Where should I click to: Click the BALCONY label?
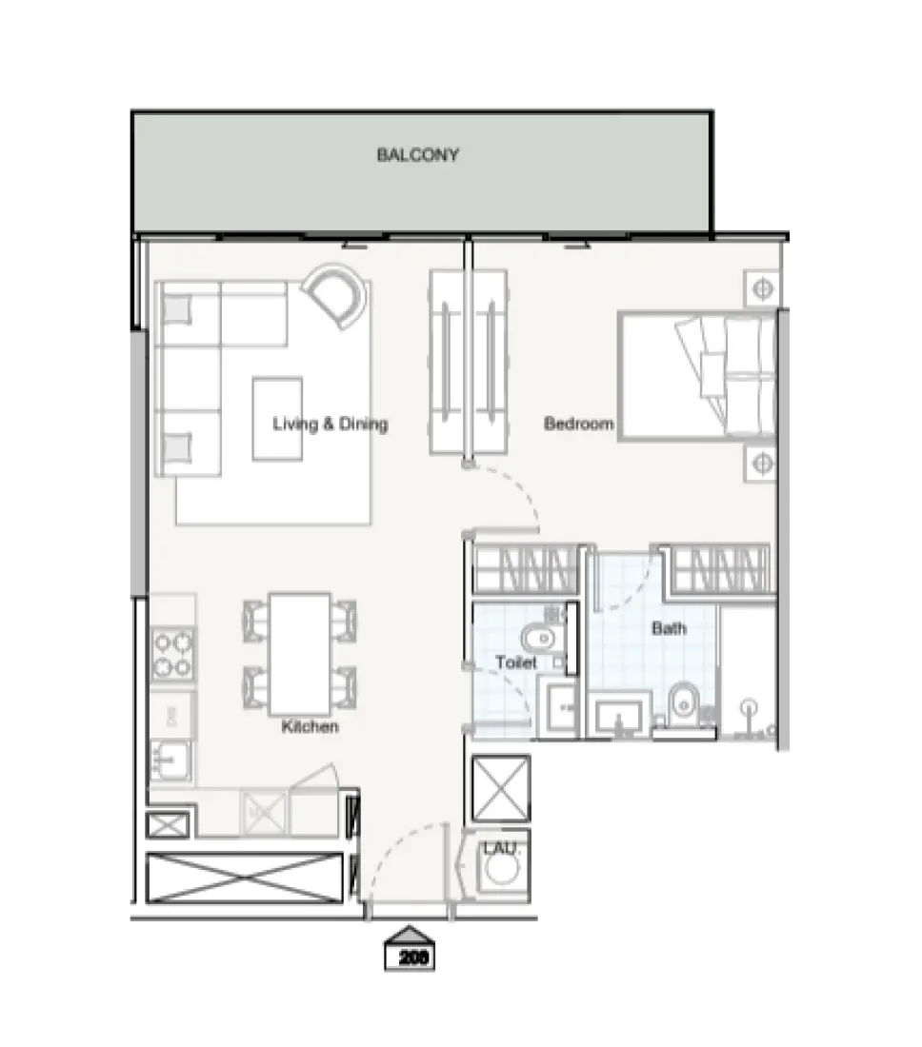coord(417,154)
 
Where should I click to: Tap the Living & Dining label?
coord(330,424)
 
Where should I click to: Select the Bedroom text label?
coord(578,424)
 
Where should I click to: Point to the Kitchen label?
coord(310,727)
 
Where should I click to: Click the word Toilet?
coord(515,662)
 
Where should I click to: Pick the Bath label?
coord(669,628)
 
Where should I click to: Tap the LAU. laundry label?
coord(498,846)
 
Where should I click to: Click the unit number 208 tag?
coord(410,958)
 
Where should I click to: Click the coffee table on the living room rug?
coord(277,419)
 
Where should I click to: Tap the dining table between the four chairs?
coord(299,653)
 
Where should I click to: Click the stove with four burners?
coord(172,654)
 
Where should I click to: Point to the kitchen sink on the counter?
coord(170,761)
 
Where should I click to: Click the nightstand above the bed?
coord(762,286)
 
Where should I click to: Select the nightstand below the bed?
coord(761,464)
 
